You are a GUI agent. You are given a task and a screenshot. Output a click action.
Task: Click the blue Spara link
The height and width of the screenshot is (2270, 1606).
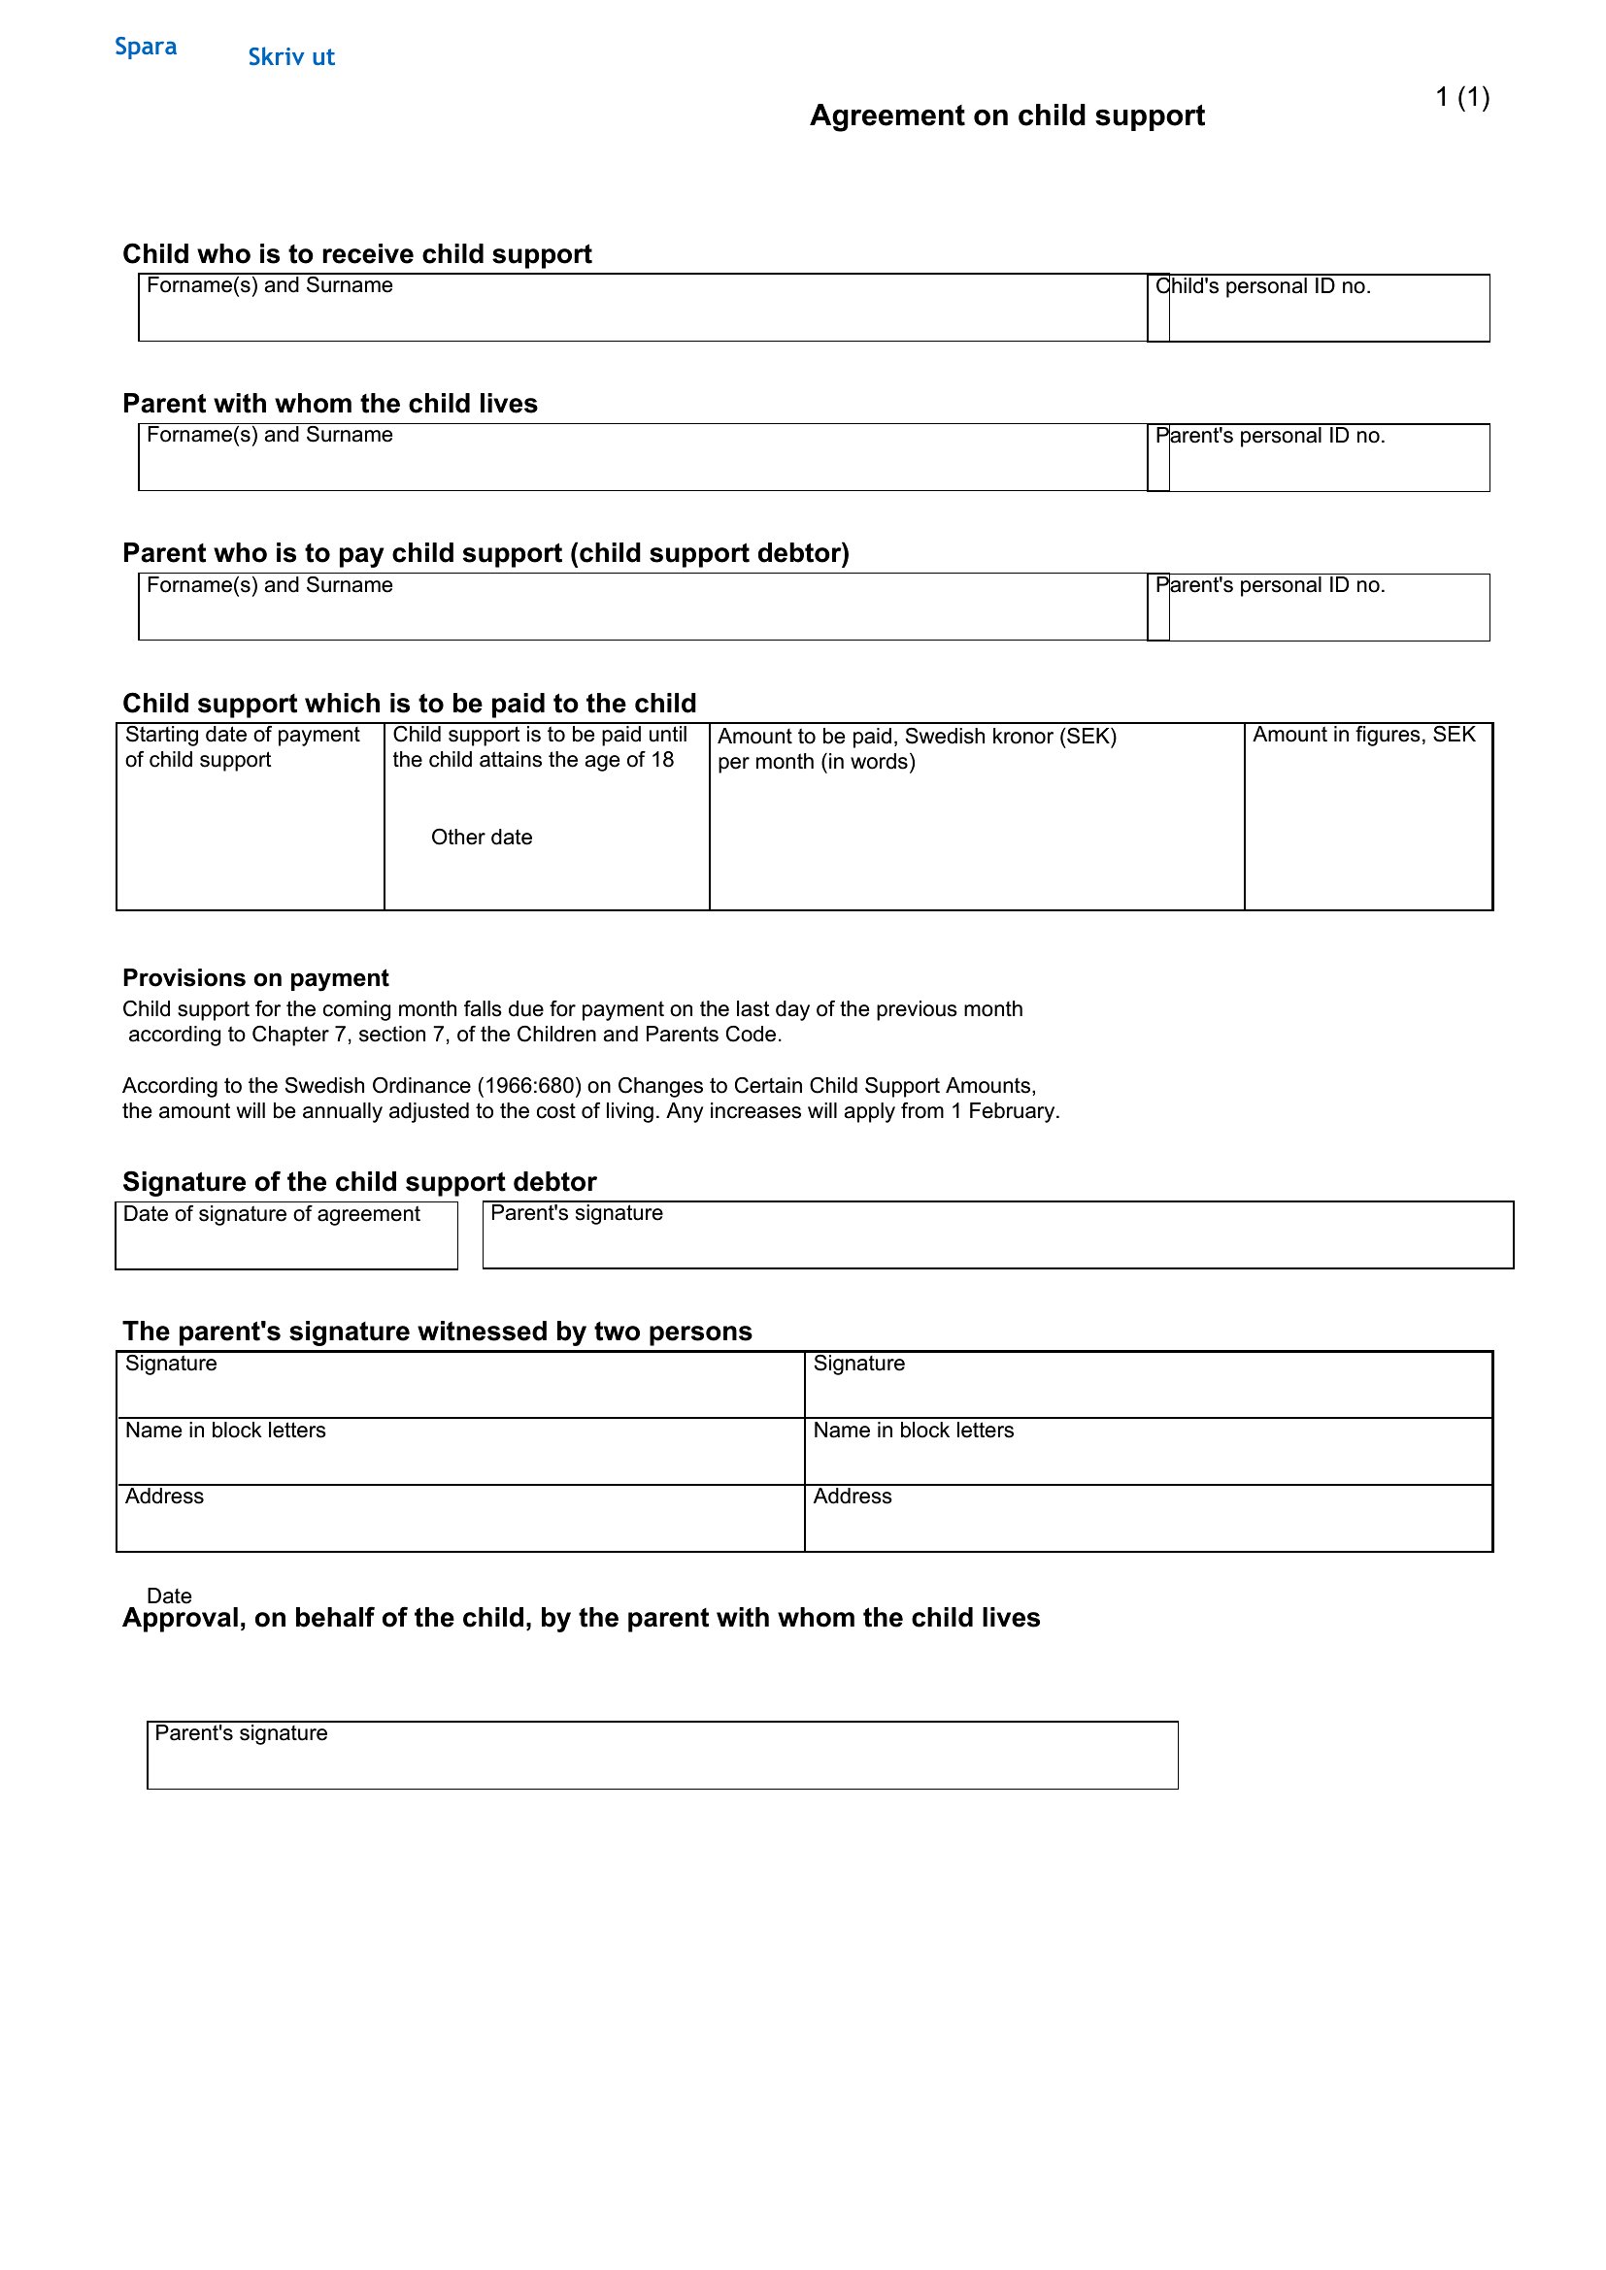click(146, 47)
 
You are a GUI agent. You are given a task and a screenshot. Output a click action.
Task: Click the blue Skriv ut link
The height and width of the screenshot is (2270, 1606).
click(290, 57)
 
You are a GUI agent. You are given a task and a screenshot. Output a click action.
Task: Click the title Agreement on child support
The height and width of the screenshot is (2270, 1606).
click(1007, 115)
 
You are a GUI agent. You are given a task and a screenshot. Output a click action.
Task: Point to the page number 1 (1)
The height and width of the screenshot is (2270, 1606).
click(1461, 97)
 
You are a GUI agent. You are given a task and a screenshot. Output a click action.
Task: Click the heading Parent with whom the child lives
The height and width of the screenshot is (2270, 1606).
click(329, 404)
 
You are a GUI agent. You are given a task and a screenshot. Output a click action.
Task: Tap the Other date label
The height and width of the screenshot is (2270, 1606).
click(482, 838)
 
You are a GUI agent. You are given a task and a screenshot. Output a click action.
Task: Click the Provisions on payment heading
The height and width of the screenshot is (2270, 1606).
click(255, 978)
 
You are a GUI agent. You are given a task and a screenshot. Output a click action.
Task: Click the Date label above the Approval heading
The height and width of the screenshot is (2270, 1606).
click(169, 1596)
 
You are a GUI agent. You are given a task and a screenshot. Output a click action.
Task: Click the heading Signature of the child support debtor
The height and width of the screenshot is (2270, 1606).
click(359, 1182)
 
